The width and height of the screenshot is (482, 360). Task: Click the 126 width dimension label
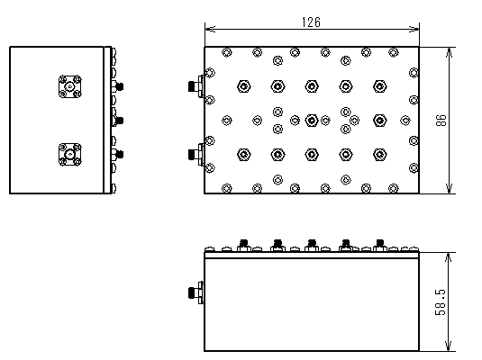(311, 22)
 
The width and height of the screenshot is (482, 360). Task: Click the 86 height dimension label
(441, 120)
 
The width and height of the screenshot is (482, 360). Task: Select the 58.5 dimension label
(441, 302)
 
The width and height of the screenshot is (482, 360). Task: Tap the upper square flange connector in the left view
(70, 86)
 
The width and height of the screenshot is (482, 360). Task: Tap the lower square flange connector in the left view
(70, 155)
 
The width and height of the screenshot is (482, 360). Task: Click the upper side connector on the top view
(196, 86)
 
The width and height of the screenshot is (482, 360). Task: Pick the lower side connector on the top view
(196, 154)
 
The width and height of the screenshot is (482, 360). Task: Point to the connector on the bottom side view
(196, 292)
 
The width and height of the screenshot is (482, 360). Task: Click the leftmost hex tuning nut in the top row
(244, 86)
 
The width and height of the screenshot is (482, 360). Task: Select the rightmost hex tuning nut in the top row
(380, 86)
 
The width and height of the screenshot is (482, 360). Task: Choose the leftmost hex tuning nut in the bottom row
(244, 155)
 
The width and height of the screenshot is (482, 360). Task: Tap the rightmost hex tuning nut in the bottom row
(380, 155)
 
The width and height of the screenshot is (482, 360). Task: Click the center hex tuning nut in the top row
(312, 86)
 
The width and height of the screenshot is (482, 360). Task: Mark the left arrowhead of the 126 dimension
(210, 29)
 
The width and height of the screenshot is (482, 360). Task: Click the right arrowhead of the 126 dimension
(414, 29)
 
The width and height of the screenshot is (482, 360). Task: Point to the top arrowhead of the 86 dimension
(450, 52)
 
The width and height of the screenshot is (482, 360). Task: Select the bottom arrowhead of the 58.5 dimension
(449, 346)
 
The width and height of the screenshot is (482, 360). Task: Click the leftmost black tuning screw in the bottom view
(244, 243)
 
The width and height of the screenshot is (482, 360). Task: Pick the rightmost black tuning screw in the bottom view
(380, 243)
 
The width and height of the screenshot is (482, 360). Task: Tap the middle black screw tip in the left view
(120, 121)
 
